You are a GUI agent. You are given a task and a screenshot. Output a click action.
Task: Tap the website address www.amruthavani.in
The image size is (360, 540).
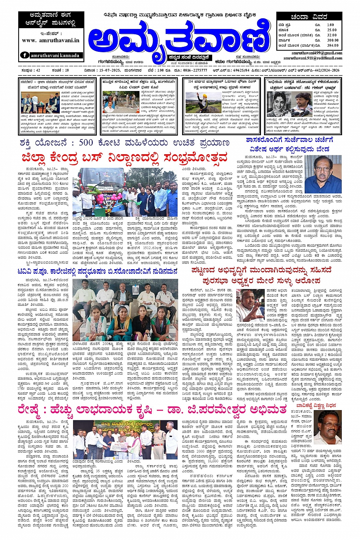tap(51, 40)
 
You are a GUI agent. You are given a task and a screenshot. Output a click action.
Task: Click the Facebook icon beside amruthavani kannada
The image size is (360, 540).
tap(25, 55)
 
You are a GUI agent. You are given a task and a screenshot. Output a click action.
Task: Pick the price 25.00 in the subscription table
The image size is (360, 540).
tap(331, 30)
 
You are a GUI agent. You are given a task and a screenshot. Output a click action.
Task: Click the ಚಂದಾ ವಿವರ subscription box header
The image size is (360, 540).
tap(309, 17)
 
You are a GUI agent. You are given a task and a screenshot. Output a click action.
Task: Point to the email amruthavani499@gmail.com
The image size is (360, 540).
tap(317, 53)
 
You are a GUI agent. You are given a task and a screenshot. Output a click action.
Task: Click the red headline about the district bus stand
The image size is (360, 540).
tap(124, 157)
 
